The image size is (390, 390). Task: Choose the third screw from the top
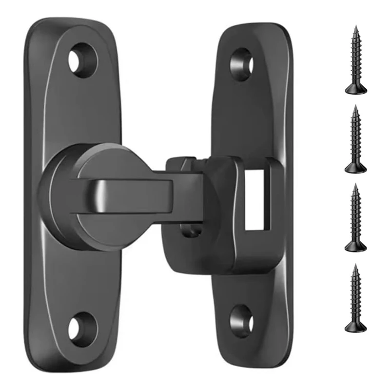[x=356, y=219]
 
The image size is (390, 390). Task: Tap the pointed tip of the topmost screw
[x=356, y=27]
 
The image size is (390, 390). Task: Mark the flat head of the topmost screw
[x=356, y=90]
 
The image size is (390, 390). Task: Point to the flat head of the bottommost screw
[x=356, y=328]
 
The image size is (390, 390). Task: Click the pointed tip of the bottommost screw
[x=356, y=266]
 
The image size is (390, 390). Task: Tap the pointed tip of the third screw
[x=356, y=186]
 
